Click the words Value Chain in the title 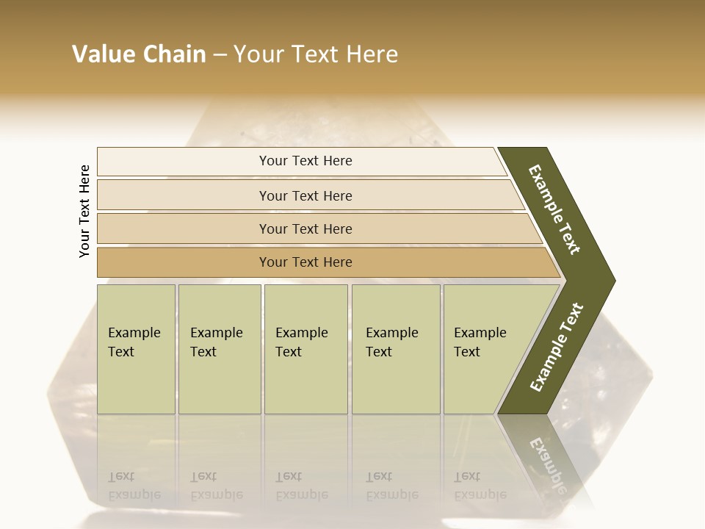139,54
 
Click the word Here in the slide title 372,54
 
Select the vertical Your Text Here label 84,211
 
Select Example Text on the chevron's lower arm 556,348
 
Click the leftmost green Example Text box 136,349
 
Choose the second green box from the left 220,349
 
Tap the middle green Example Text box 305,349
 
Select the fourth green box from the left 396,349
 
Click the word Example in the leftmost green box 134,333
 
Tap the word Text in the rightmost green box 467,352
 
